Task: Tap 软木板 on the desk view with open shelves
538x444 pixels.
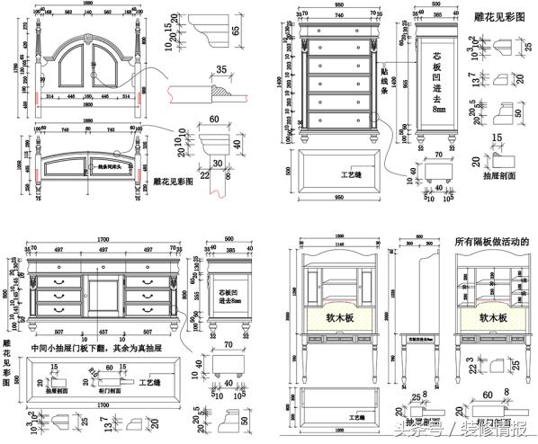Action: pyautogui.click(x=494, y=317)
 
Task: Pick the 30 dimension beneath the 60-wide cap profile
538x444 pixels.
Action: pyautogui.click(x=217, y=162)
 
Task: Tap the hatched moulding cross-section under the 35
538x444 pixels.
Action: pyautogui.click(x=219, y=90)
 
